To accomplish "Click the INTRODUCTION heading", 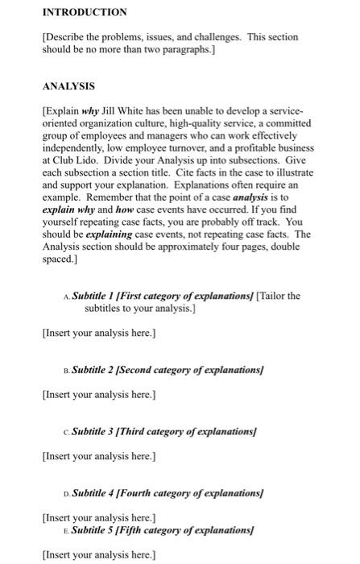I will pyautogui.click(x=85, y=12).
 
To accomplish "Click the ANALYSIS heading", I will pyautogui.click(x=68, y=85).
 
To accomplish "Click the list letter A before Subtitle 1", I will pyautogui.click(x=64, y=296).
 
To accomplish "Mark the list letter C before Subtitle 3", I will pyautogui.click(x=64, y=433).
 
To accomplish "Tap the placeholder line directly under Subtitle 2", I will pyautogui.click(x=98, y=394).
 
